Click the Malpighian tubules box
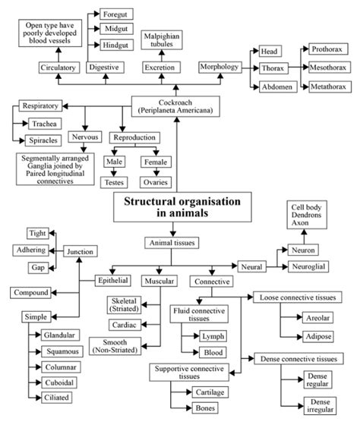pyautogui.click(x=163, y=39)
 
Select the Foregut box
pyautogui.click(x=115, y=13)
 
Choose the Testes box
pyautogui.click(x=115, y=182)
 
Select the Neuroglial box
pyautogui.click(x=312, y=268)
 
